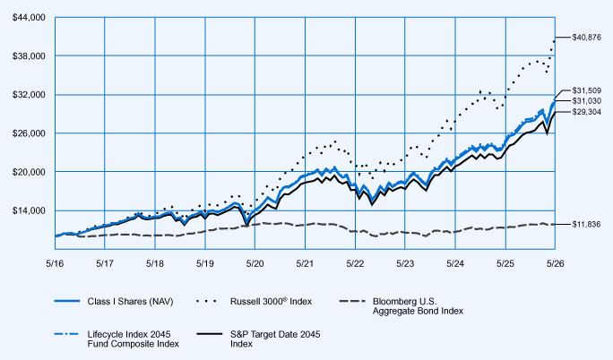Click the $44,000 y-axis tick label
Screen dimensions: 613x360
(29, 18)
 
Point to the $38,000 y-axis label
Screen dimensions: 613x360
(29, 56)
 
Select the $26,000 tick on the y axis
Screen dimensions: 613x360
(29, 133)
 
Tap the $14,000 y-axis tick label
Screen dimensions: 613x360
(29, 210)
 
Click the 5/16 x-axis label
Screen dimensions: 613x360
(55, 263)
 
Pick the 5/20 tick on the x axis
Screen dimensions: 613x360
(255, 263)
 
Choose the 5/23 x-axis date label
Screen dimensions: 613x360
(405, 263)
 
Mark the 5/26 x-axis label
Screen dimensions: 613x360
(555, 263)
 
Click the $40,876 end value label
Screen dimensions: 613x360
(586, 38)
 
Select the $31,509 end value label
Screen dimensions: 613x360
(586, 90)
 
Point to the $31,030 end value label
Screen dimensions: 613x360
(586, 101)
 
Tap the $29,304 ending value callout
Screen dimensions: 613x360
(586, 112)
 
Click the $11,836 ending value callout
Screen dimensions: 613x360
(586, 225)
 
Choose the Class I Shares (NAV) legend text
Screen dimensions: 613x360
(130, 302)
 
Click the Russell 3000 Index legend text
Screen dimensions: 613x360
(271, 302)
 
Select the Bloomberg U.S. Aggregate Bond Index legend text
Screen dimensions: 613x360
(418, 306)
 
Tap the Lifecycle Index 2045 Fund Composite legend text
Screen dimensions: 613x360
(133, 339)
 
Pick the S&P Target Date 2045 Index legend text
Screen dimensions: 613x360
(275, 339)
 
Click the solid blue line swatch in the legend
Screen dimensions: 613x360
(67, 301)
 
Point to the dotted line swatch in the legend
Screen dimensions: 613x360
(206, 301)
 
